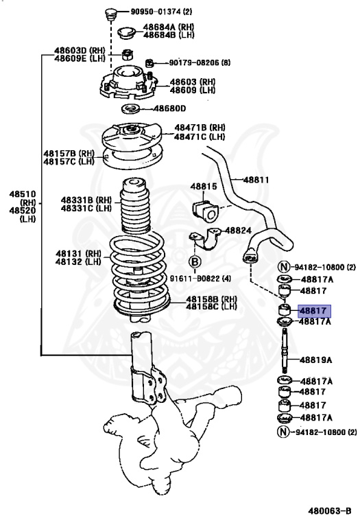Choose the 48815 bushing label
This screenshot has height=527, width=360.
[x=204, y=186]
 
